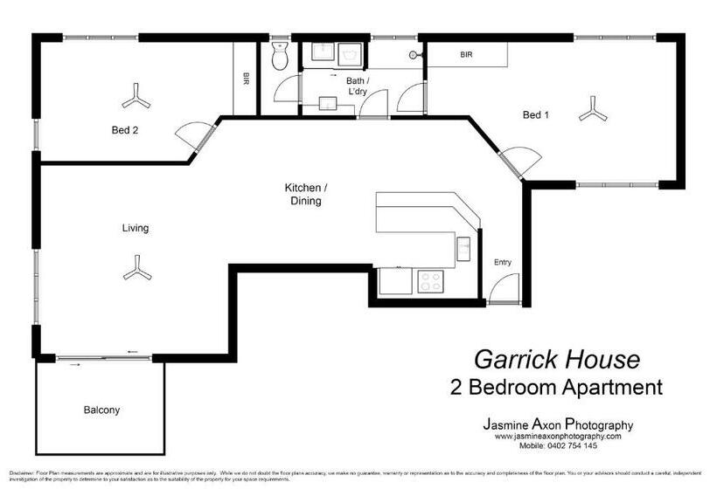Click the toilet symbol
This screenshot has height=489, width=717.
click(x=280, y=58)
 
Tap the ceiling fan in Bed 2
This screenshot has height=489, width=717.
click(x=136, y=97)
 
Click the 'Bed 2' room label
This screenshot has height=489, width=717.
click(x=125, y=130)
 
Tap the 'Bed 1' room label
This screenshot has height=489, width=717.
click(x=535, y=114)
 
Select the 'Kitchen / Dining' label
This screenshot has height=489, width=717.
click(x=306, y=194)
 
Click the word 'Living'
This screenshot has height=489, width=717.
click(x=135, y=229)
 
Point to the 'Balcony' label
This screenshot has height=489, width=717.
click(x=101, y=410)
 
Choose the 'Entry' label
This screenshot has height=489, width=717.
click(x=502, y=262)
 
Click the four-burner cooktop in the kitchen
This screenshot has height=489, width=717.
click(x=430, y=281)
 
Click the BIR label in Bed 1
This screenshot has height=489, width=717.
click(x=466, y=55)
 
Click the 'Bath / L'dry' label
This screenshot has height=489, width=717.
click(x=357, y=86)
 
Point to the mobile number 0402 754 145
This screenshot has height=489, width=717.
click(x=558, y=445)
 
